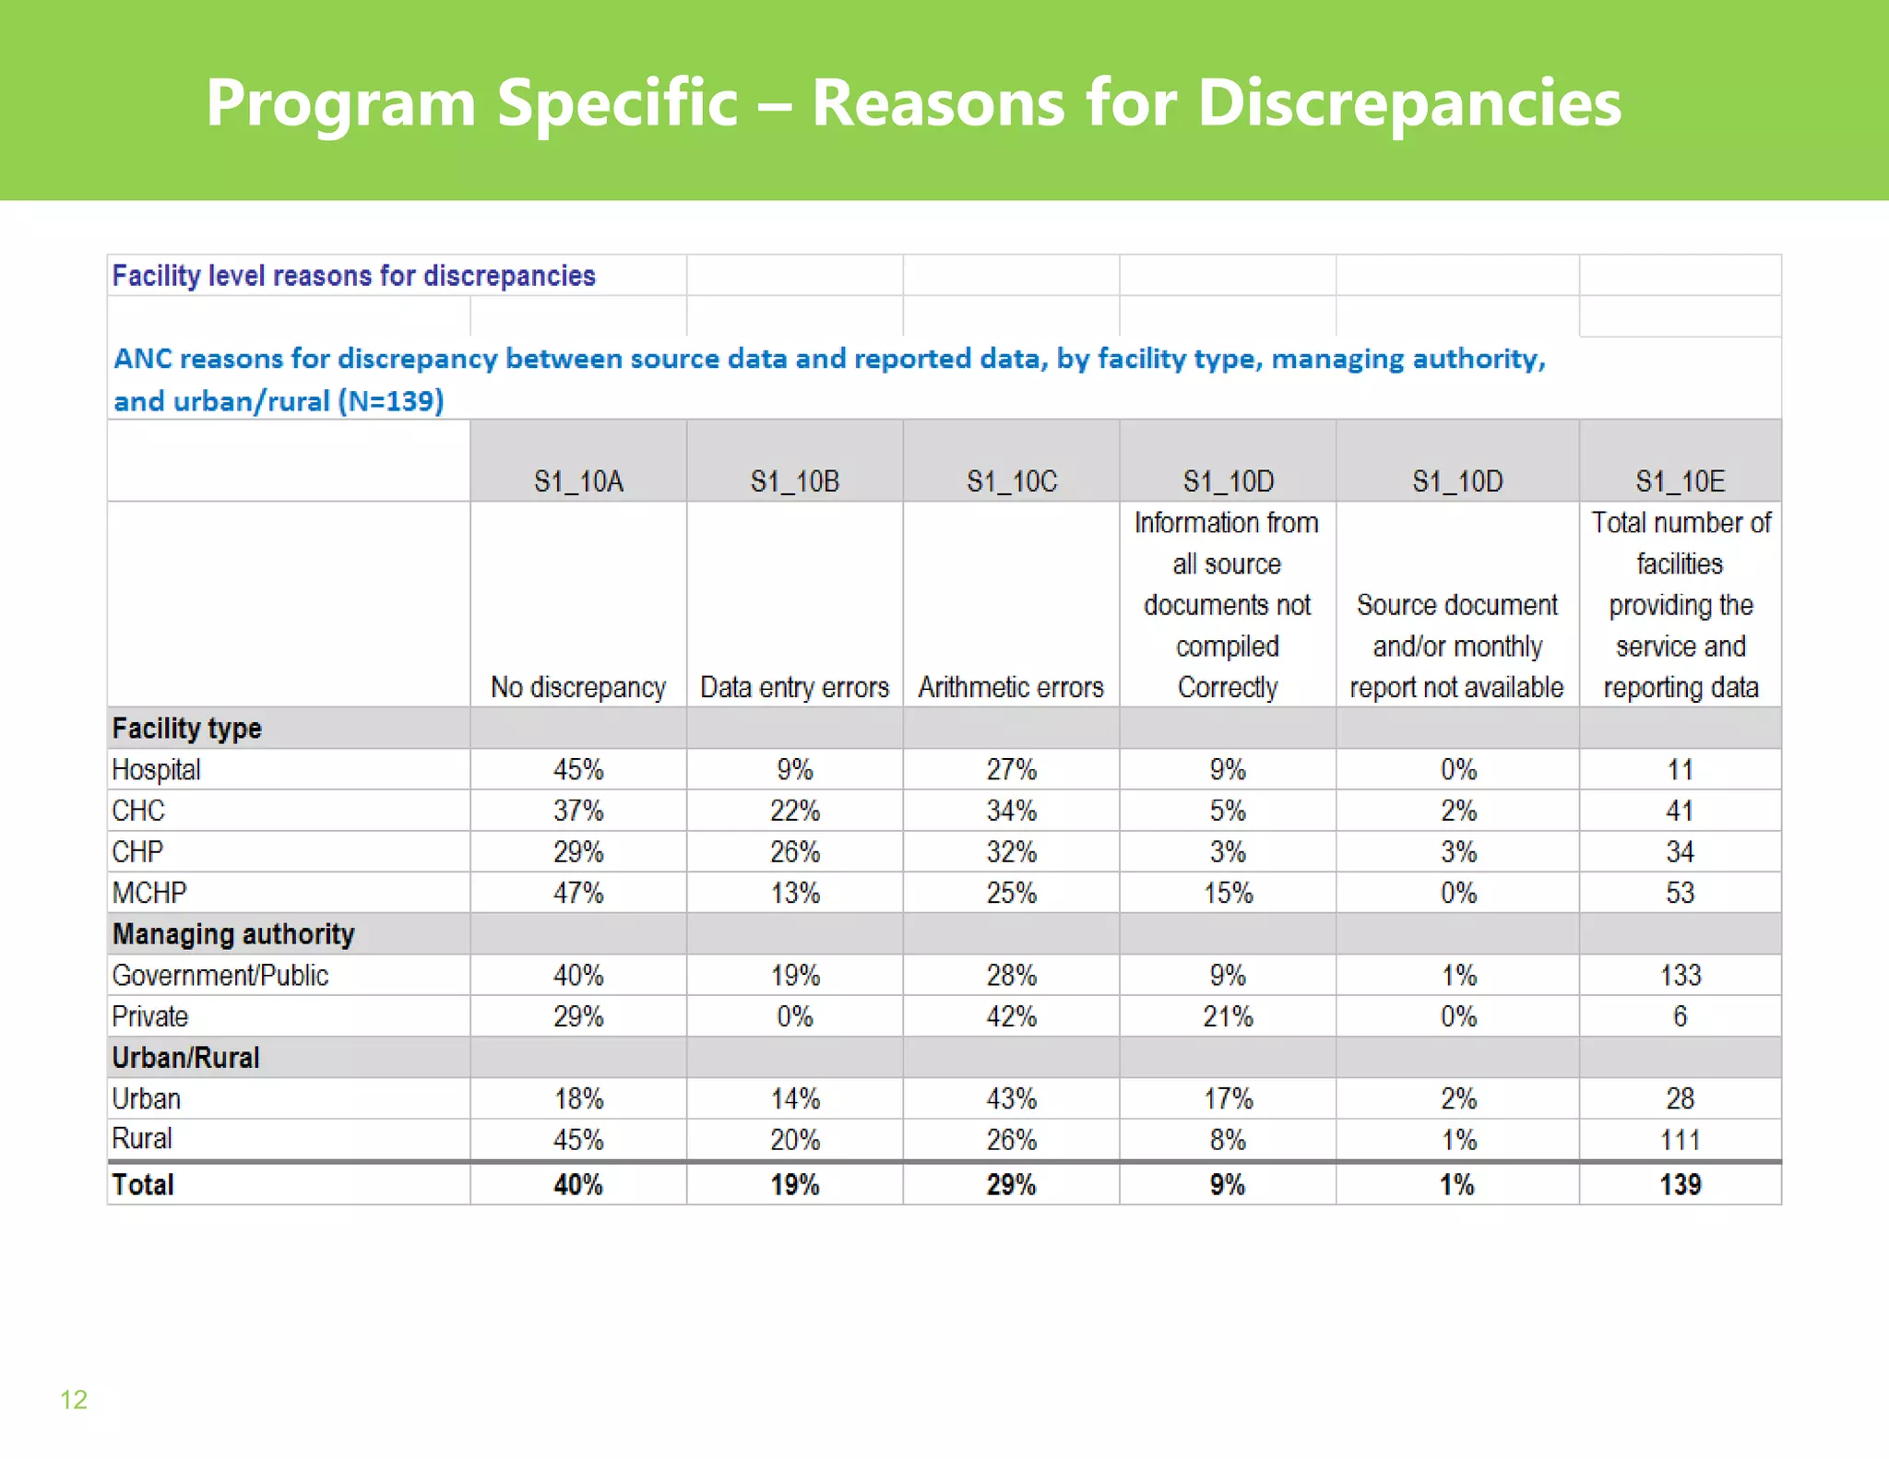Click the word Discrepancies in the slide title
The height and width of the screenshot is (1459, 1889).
click(1408, 103)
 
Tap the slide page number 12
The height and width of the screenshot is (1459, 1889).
click(74, 1399)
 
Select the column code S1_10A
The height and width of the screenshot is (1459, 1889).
click(578, 481)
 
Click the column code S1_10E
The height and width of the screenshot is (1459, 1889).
click(1680, 481)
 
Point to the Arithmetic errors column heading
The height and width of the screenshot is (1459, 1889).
click(1011, 687)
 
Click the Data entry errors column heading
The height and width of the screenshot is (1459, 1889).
click(794, 687)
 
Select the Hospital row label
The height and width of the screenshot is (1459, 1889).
click(156, 769)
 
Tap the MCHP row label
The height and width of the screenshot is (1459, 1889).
click(149, 893)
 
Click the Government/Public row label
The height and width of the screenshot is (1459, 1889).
click(220, 975)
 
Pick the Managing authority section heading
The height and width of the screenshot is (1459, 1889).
click(233, 934)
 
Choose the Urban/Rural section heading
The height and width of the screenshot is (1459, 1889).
click(185, 1058)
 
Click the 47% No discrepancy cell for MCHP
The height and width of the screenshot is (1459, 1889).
click(578, 893)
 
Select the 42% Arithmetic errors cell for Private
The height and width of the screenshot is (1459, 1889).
click(1011, 1016)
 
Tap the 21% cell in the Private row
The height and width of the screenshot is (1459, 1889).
click(1228, 1016)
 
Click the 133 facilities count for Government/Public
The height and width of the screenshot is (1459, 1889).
click(1680, 975)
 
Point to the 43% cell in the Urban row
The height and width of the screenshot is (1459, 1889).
click(1011, 1098)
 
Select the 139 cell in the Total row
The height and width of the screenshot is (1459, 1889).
click(1680, 1184)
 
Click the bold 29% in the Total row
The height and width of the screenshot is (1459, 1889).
click(1011, 1184)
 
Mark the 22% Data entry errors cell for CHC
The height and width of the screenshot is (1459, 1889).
click(794, 811)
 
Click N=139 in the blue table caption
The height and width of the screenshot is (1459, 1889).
click(391, 401)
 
